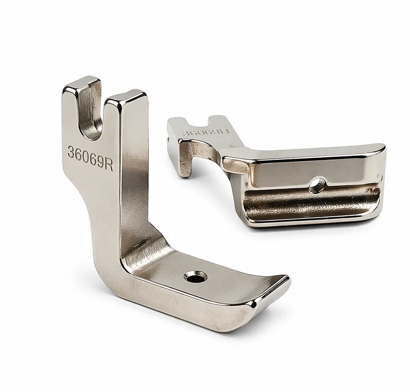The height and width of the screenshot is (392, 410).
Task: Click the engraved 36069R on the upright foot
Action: [x=90, y=158]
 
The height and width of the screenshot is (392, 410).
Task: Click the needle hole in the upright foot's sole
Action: [x=195, y=277]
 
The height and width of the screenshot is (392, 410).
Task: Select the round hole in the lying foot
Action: [x=317, y=185]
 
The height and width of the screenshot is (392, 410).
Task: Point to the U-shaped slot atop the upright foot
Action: [x=90, y=115]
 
